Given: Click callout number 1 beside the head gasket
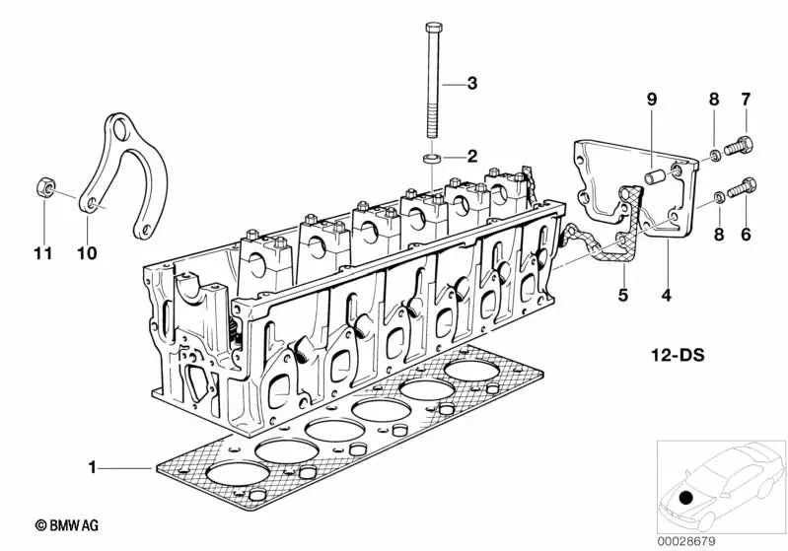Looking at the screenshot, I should tap(93, 468).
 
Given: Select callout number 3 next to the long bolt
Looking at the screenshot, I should tap(471, 84).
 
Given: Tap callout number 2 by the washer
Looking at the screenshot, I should tap(471, 156).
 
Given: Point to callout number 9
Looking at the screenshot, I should tap(650, 99).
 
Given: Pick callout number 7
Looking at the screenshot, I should tap(746, 99).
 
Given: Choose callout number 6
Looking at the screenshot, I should tap(746, 236).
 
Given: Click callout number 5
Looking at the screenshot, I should tap(622, 294).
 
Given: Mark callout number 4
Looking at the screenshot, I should tap(668, 294).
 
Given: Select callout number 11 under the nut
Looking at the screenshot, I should tap(40, 253).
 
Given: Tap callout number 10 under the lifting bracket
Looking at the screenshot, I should tap(87, 253).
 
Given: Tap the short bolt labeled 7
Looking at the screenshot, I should tap(740, 148).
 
